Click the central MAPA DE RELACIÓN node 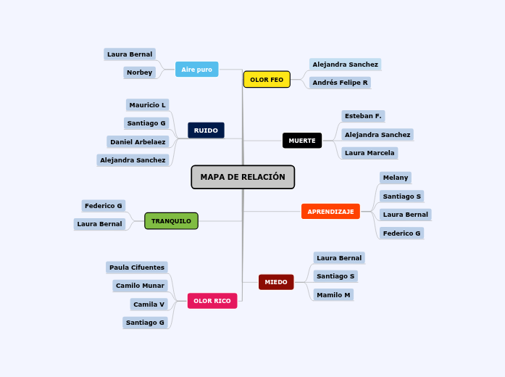click(243, 177)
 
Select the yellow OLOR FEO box click(267, 80)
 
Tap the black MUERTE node click(302, 141)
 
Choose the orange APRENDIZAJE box click(330, 212)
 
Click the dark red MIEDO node click(276, 282)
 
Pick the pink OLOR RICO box click(212, 301)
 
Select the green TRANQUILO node click(171, 221)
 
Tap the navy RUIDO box click(206, 130)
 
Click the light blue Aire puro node click(196, 70)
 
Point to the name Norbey click(139, 72)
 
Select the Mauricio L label click(147, 105)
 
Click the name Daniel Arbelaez click(138, 142)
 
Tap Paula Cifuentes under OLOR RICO click(137, 268)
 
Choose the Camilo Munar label click(141, 286)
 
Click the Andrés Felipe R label click(340, 83)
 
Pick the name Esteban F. click(363, 116)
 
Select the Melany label click(396, 178)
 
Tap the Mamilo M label click(333, 295)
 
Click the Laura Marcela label click(370, 153)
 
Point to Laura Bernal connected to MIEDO click(339, 258)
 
